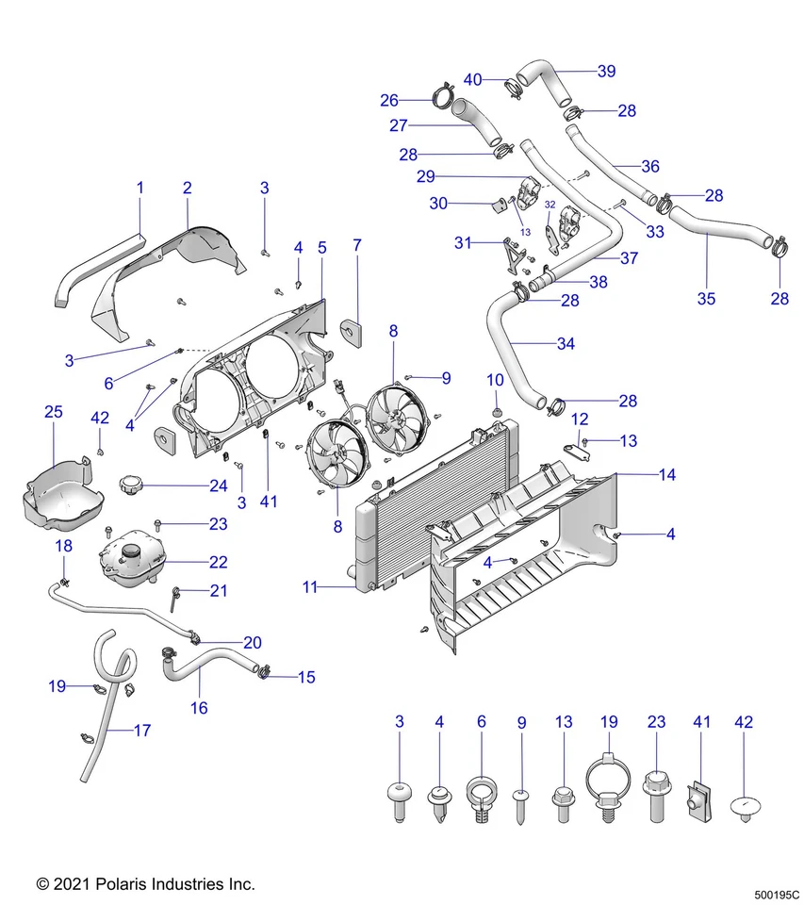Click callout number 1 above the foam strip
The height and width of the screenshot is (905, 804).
tap(140, 188)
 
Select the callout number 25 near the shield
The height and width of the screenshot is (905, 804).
tap(54, 412)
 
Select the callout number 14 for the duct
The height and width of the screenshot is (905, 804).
tap(667, 475)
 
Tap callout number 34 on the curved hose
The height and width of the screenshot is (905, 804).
tap(566, 344)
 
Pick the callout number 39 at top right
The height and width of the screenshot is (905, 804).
tap(606, 71)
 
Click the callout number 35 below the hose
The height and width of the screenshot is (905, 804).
tap(706, 299)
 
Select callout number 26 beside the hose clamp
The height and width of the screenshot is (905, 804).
tap(389, 100)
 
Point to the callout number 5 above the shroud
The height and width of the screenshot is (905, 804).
tap(321, 248)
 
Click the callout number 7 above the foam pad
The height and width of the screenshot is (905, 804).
tap(357, 245)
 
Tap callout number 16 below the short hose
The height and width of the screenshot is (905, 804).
tap(200, 707)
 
